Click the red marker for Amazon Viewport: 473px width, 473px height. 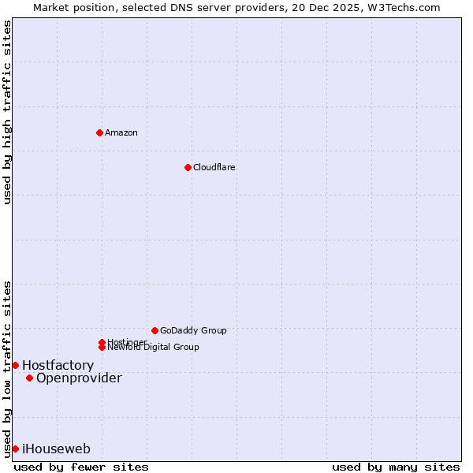pos(99,132)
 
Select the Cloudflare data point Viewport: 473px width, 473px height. pos(188,167)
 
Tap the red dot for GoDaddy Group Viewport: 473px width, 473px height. pos(155,330)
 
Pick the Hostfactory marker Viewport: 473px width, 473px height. pos(15,365)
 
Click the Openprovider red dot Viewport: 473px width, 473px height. pos(29,378)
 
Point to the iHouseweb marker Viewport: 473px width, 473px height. pos(15,449)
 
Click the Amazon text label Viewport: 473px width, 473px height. pos(121,132)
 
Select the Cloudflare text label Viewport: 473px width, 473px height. pos(214,167)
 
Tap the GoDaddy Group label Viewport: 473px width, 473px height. pos(193,330)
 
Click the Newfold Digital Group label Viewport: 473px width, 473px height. pos(153,347)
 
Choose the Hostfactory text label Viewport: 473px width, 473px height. pos(58,365)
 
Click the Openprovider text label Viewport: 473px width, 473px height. pos(79,378)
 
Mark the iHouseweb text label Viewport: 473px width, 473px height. pos(56,449)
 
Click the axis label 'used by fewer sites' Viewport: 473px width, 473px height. pos(81,467)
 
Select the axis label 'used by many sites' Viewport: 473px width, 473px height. pos(396,467)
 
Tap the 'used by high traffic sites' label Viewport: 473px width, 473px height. pos(7,112)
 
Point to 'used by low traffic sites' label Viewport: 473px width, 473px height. pos(7,368)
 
